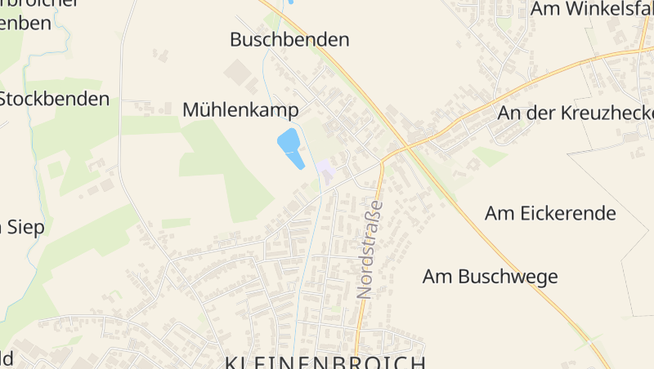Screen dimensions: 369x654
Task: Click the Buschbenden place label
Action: point(289,39)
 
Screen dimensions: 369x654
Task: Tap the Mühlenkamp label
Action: point(240,109)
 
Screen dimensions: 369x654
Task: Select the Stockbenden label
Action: point(56,100)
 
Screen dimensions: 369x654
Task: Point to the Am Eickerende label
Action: point(550,214)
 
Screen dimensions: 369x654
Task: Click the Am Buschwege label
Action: point(490,277)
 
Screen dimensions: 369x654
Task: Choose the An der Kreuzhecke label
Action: point(576,113)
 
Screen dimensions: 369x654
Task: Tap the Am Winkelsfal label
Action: point(591,9)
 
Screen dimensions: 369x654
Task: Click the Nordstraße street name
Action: point(370,249)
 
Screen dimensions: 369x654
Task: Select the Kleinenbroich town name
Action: point(325,362)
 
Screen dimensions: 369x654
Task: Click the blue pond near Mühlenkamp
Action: point(289,144)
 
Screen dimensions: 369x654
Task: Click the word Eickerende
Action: point(565,214)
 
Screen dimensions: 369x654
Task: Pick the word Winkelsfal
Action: point(606,9)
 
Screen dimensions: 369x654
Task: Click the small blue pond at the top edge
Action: point(289,2)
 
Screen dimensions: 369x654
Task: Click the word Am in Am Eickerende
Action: point(498,214)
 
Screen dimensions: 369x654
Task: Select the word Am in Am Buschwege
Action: point(436,277)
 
